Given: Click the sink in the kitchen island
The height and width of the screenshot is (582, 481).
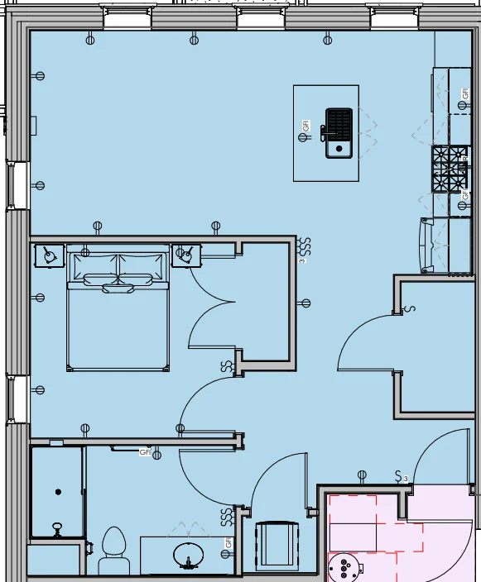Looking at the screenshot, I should [x=338, y=132].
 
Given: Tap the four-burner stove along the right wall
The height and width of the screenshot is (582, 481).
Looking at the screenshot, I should [x=450, y=169].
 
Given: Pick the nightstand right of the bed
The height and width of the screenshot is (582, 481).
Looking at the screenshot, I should [x=187, y=255].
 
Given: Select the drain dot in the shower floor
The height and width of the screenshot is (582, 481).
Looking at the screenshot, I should [x=59, y=492].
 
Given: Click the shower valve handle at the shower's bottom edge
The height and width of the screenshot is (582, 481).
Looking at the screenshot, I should [x=57, y=527].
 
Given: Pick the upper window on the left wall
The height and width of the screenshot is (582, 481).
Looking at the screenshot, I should [x=19, y=185].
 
